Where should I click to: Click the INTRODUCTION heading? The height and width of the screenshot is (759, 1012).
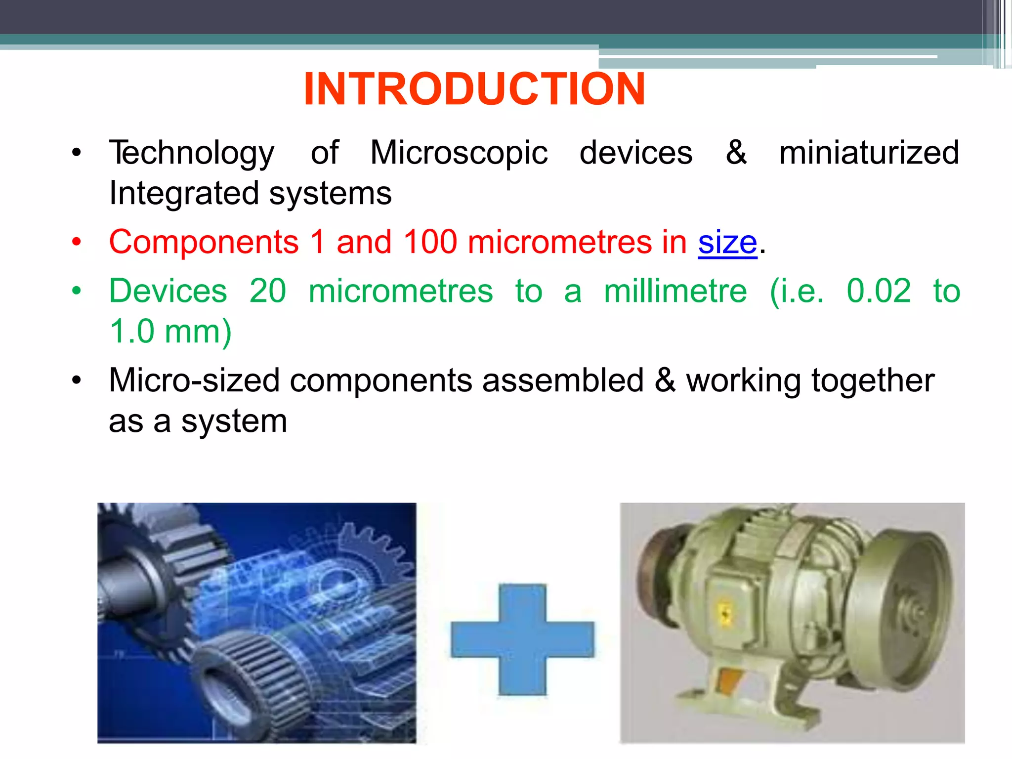click(x=474, y=89)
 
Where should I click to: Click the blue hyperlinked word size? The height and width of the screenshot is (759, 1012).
click(x=727, y=243)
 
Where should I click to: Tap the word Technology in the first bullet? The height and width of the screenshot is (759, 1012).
click(x=192, y=153)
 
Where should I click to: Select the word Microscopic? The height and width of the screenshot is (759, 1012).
click(x=459, y=153)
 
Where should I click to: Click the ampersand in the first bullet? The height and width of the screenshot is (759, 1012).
click(x=736, y=153)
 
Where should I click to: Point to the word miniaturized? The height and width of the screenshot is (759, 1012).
click(x=869, y=153)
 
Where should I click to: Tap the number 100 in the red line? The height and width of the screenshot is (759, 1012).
click(x=430, y=242)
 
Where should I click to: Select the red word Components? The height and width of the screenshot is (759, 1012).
click(x=204, y=243)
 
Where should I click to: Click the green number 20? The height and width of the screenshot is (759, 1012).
click(x=267, y=291)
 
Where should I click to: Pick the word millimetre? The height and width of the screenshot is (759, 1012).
click(x=675, y=291)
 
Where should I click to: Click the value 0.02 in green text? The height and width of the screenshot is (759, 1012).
click(x=879, y=291)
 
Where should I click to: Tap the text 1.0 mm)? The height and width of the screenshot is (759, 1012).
click(x=170, y=332)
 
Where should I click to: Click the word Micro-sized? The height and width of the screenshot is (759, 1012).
click(x=195, y=381)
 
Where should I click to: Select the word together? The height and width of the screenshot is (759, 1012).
click(x=873, y=381)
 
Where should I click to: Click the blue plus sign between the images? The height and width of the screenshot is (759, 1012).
click(x=522, y=640)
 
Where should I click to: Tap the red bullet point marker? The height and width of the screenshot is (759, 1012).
click(x=76, y=242)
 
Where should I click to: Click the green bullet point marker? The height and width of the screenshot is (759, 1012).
click(x=76, y=291)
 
